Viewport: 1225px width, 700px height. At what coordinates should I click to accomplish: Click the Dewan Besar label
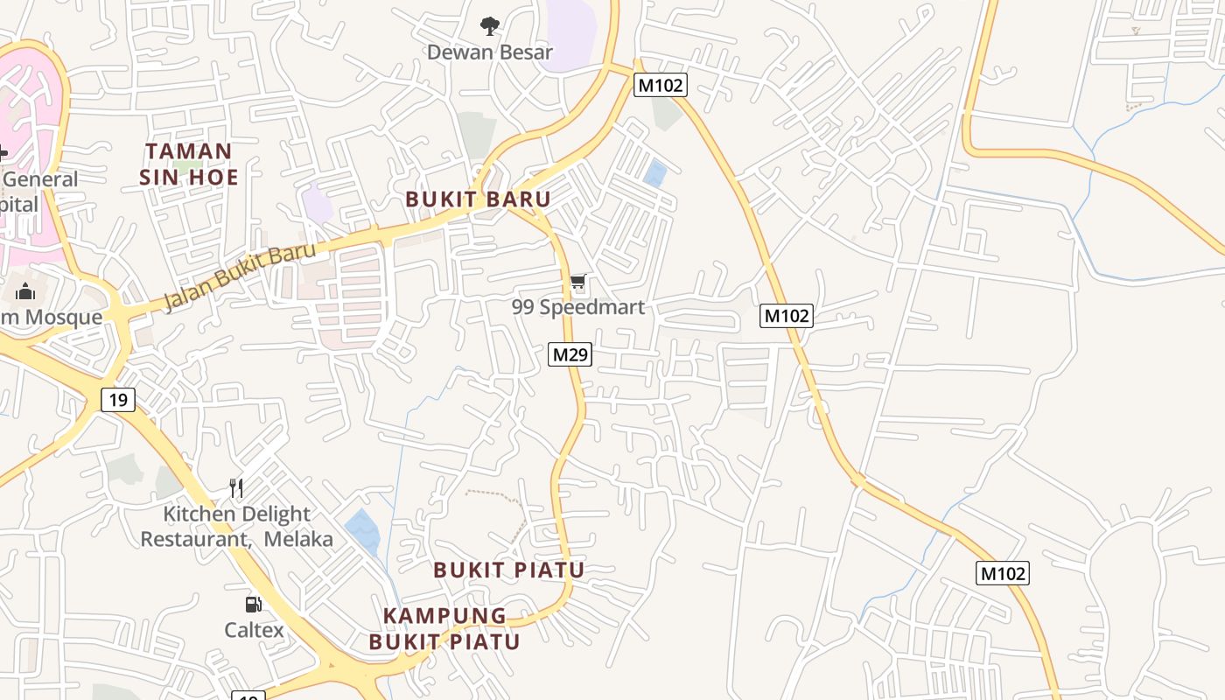coord(490,52)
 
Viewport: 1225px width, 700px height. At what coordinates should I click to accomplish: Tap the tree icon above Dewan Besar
coord(490,26)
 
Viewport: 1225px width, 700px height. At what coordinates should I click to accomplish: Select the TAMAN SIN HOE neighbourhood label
coord(189,164)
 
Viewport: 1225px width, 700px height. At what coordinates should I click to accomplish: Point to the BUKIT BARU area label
coord(478,199)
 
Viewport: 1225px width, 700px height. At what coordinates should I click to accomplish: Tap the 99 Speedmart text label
coord(577,307)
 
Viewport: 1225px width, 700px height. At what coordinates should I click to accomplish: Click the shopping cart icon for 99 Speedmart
coord(577,282)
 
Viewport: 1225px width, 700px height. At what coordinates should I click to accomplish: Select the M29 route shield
coord(570,354)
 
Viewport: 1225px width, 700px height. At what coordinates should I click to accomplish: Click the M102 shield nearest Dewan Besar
coord(660,85)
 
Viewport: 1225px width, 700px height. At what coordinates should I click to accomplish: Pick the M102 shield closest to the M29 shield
coord(786,316)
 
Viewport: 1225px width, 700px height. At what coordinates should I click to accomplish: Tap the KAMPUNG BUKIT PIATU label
coord(444,628)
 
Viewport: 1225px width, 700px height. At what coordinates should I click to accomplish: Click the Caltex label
coord(254,630)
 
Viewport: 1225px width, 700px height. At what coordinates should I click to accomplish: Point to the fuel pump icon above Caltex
coord(253,604)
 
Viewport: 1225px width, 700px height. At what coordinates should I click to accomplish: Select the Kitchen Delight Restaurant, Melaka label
coord(237,526)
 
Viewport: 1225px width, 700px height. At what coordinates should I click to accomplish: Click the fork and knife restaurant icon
coord(235,487)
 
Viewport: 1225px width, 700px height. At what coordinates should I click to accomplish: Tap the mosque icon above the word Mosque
coord(24,291)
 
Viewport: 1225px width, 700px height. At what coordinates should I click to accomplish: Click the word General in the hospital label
coord(40,179)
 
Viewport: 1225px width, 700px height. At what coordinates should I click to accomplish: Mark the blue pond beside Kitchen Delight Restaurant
coord(362,529)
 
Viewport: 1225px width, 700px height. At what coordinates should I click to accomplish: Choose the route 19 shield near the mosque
coord(118,401)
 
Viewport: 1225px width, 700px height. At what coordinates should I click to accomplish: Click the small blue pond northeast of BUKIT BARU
coord(654,173)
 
